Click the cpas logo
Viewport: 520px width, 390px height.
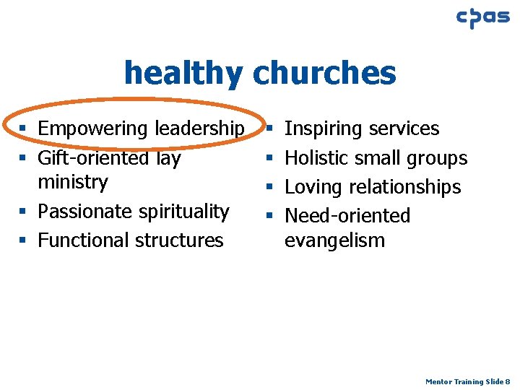coord(482,18)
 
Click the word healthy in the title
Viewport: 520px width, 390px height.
coord(184,72)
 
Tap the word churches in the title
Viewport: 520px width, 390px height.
coord(324,72)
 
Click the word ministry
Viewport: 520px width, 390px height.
coord(73,182)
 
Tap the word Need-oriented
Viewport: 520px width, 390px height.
coord(347,216)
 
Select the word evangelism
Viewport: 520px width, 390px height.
coord(335,240)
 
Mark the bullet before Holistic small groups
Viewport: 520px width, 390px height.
coord(269,158)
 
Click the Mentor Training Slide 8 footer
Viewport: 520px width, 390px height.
coord(468,381)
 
